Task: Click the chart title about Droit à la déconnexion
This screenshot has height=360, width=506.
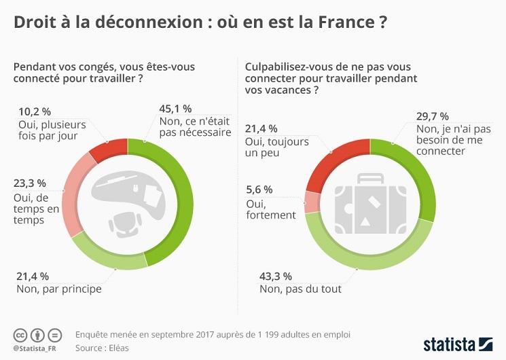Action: [200, 22]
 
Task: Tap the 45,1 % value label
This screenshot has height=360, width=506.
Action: [175, 109]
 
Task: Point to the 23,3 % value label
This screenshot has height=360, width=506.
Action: [31, 183]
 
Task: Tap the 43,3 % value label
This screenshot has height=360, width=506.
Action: [276, 276]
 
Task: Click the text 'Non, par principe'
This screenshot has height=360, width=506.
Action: [58, 289]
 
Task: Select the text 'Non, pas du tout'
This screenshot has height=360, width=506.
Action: [300, 289]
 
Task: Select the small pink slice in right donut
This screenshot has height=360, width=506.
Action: [312, 202]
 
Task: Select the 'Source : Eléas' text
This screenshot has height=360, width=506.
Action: [102, 348]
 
